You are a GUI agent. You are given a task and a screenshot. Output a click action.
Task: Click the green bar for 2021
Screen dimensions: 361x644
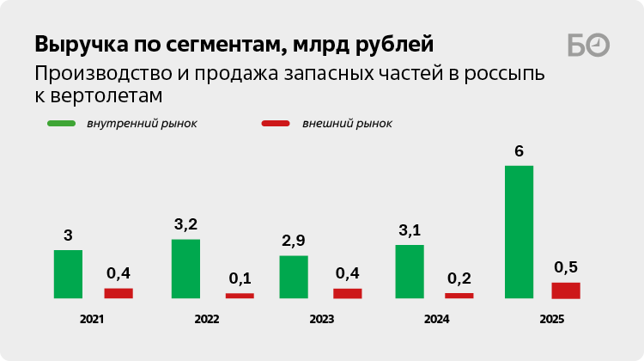(x=68, y=274)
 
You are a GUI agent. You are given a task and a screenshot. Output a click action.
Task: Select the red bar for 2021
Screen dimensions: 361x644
(x=118, y=293)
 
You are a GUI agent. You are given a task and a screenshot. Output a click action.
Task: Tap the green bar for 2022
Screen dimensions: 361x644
(x=185, y=269)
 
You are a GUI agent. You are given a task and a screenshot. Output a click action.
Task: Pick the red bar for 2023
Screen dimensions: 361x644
(x=347, y=293)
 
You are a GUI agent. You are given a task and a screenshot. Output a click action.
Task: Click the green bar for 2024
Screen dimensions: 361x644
(x=410, y=272)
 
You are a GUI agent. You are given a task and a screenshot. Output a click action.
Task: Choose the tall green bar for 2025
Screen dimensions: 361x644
(x=519, y=232)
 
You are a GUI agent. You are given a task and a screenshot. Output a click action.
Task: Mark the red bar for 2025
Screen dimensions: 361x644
(x=566, y=291)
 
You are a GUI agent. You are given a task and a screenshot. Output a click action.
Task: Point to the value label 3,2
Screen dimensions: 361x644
(x=185, y=224)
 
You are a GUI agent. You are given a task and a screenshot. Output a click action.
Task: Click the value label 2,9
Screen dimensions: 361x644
(x=294, y=241)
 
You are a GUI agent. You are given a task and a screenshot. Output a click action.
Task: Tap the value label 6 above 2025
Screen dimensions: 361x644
(x=519, y=151)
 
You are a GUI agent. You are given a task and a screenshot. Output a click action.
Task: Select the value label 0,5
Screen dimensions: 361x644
(x=566, y=267)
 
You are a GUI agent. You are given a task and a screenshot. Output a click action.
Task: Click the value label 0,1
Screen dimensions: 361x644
(x=240, y=278)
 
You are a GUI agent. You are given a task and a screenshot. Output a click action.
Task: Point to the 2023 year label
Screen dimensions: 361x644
(x=321, y=319)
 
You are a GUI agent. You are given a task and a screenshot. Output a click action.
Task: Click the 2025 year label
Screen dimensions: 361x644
(x=552, y=319)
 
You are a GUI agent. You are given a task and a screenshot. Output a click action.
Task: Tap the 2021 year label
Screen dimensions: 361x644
(x=92, y=319)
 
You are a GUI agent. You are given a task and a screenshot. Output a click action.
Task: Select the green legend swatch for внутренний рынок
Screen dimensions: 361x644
(x=62, y=124)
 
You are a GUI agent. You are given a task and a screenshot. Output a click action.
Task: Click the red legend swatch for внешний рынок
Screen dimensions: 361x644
(x=276, y=124)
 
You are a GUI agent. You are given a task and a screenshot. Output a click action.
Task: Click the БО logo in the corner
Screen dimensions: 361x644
(x=588, y=46)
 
